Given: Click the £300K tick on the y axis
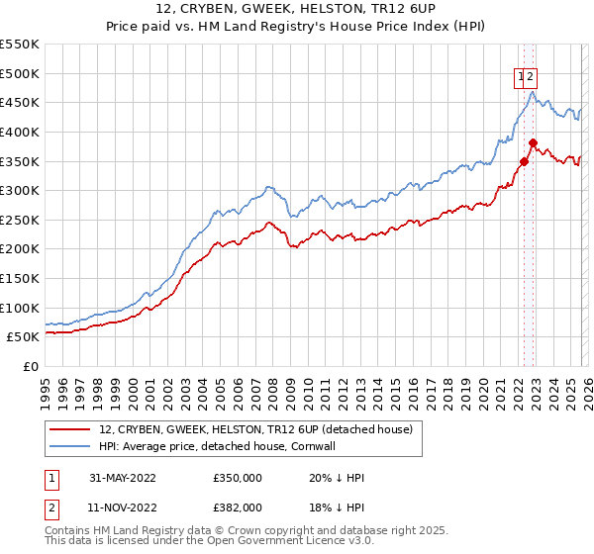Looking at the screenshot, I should pyautogui.click(x=20, y=190).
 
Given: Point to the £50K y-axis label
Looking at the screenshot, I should pyautogui.click(x=24, y=336).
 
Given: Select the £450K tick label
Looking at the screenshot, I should pyautogui.click(x=20, y=102).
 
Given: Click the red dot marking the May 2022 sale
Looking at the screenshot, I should pyautogui.click(x=524, y=161).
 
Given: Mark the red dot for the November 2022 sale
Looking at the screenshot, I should pyautogui.click(x=532, y=142).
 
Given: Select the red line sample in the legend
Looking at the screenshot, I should pyautogui.click(x=70, y=428).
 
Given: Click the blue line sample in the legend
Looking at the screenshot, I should pyautogui.click(x=70, y=445).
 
